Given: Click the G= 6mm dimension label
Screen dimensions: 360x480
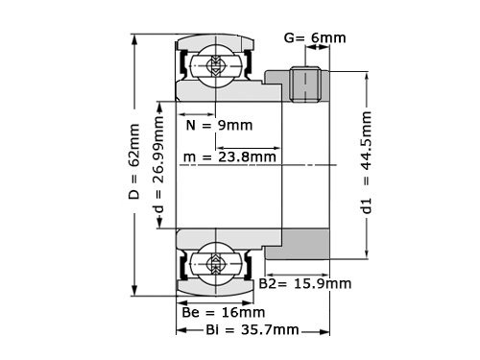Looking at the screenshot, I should coord(316,39).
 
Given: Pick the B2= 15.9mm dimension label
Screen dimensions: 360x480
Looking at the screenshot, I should coord(305,283).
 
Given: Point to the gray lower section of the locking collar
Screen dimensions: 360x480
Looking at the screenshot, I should coord(297,244).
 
